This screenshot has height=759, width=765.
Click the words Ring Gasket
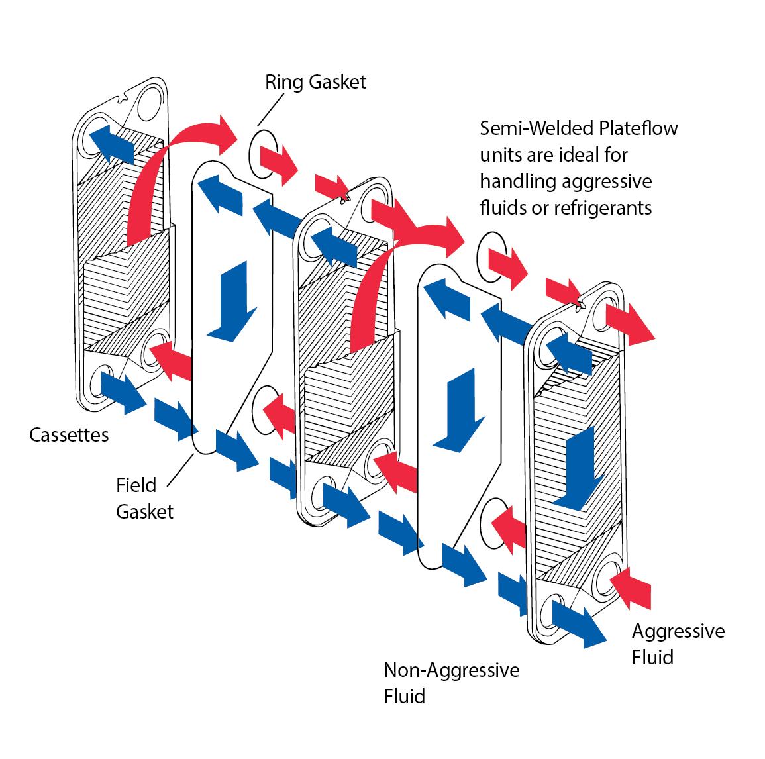315,82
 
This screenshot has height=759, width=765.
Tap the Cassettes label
69,435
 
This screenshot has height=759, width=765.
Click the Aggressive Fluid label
678,643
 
